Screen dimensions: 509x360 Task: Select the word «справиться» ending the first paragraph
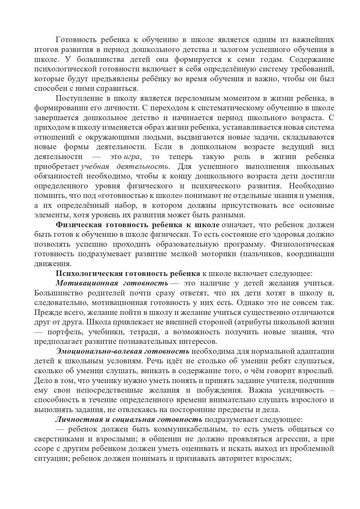[118, 89]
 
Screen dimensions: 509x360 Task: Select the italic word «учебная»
[95, 167]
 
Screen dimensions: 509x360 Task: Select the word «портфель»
[64, 332]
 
